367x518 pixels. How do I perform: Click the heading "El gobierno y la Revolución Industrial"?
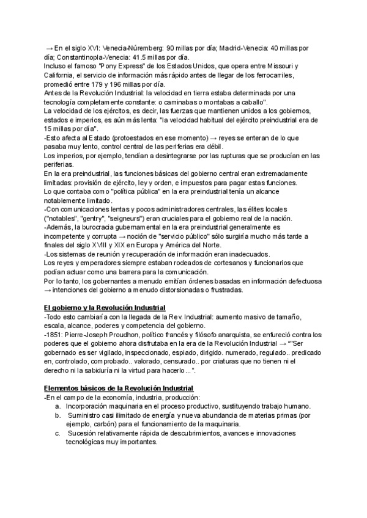(x=105, y=306)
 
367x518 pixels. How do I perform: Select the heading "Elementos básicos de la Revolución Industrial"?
(x=119, y=388)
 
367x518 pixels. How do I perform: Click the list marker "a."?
(x=58, y=407)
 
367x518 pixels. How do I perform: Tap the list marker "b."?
(x=58, y=416)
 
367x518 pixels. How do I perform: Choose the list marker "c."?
(x=58, y=433)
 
